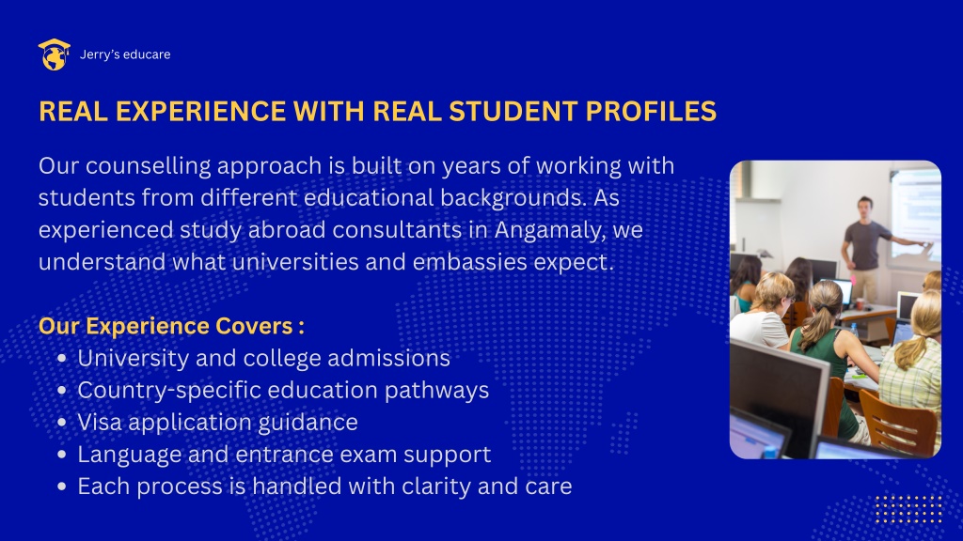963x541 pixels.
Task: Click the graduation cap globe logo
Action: (54, 54)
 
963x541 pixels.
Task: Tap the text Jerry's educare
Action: (125, 54)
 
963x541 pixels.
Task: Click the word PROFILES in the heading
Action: (651, 111)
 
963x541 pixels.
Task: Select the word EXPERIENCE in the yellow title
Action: (201, 111)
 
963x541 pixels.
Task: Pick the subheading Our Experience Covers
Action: (171, 326)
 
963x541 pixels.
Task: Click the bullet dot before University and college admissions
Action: (61, 358)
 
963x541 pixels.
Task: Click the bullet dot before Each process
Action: (61, 487)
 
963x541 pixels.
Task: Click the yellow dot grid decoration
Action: (908, 509)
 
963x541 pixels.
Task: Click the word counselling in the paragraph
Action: (148, 166)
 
